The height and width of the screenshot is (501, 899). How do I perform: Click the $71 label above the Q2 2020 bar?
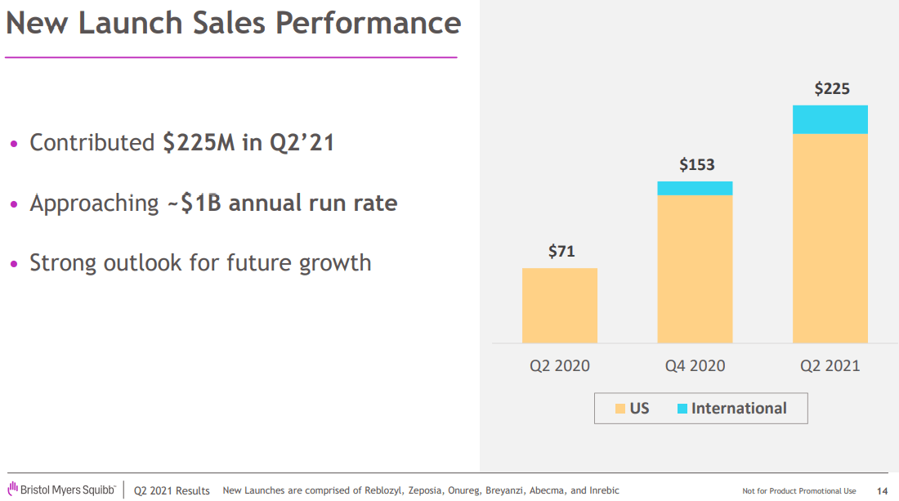tap(561, 251)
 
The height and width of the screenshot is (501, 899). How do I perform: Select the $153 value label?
tap(696, 164)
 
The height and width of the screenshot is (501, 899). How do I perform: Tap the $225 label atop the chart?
tap(831, 89)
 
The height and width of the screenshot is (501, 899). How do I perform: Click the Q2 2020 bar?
tap(560, 306)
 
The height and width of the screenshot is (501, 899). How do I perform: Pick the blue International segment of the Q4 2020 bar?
tap(695, 188)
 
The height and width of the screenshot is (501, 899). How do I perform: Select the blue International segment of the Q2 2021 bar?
tap(830, 119)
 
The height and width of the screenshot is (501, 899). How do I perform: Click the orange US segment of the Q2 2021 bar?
tap(830, 238)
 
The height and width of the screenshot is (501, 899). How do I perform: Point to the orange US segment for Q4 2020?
tap(695, 269)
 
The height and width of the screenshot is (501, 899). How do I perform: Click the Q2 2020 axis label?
tap(560, 365)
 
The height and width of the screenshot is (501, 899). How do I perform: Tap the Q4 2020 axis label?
tap(695, 365)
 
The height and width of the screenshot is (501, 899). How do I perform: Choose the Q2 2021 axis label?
tap(830, 365)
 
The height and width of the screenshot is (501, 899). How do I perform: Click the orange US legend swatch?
tap(620, 408)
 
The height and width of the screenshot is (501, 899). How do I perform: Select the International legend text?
tap(739, 408)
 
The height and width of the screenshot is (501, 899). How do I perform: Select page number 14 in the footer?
tap(882, 490)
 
